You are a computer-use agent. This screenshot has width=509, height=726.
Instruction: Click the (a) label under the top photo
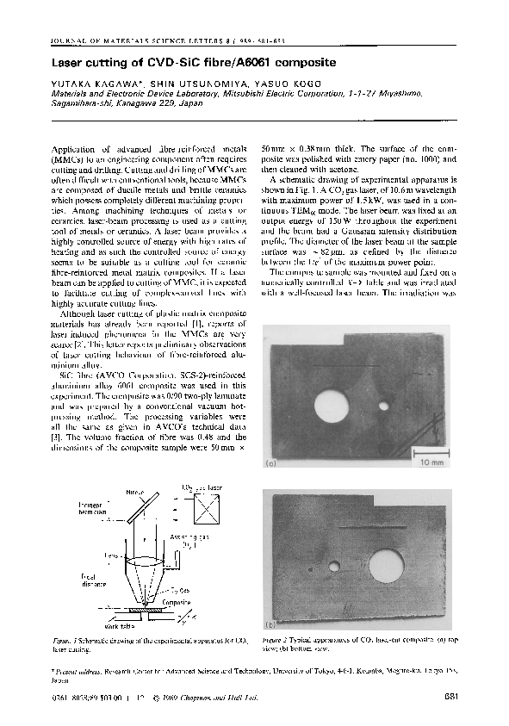point(270,463)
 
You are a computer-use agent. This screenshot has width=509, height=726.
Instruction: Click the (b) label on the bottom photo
point(270,624)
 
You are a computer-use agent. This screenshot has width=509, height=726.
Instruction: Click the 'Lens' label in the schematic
point(110,555)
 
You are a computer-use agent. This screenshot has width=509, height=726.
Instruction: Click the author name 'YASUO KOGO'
point(249,84)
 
